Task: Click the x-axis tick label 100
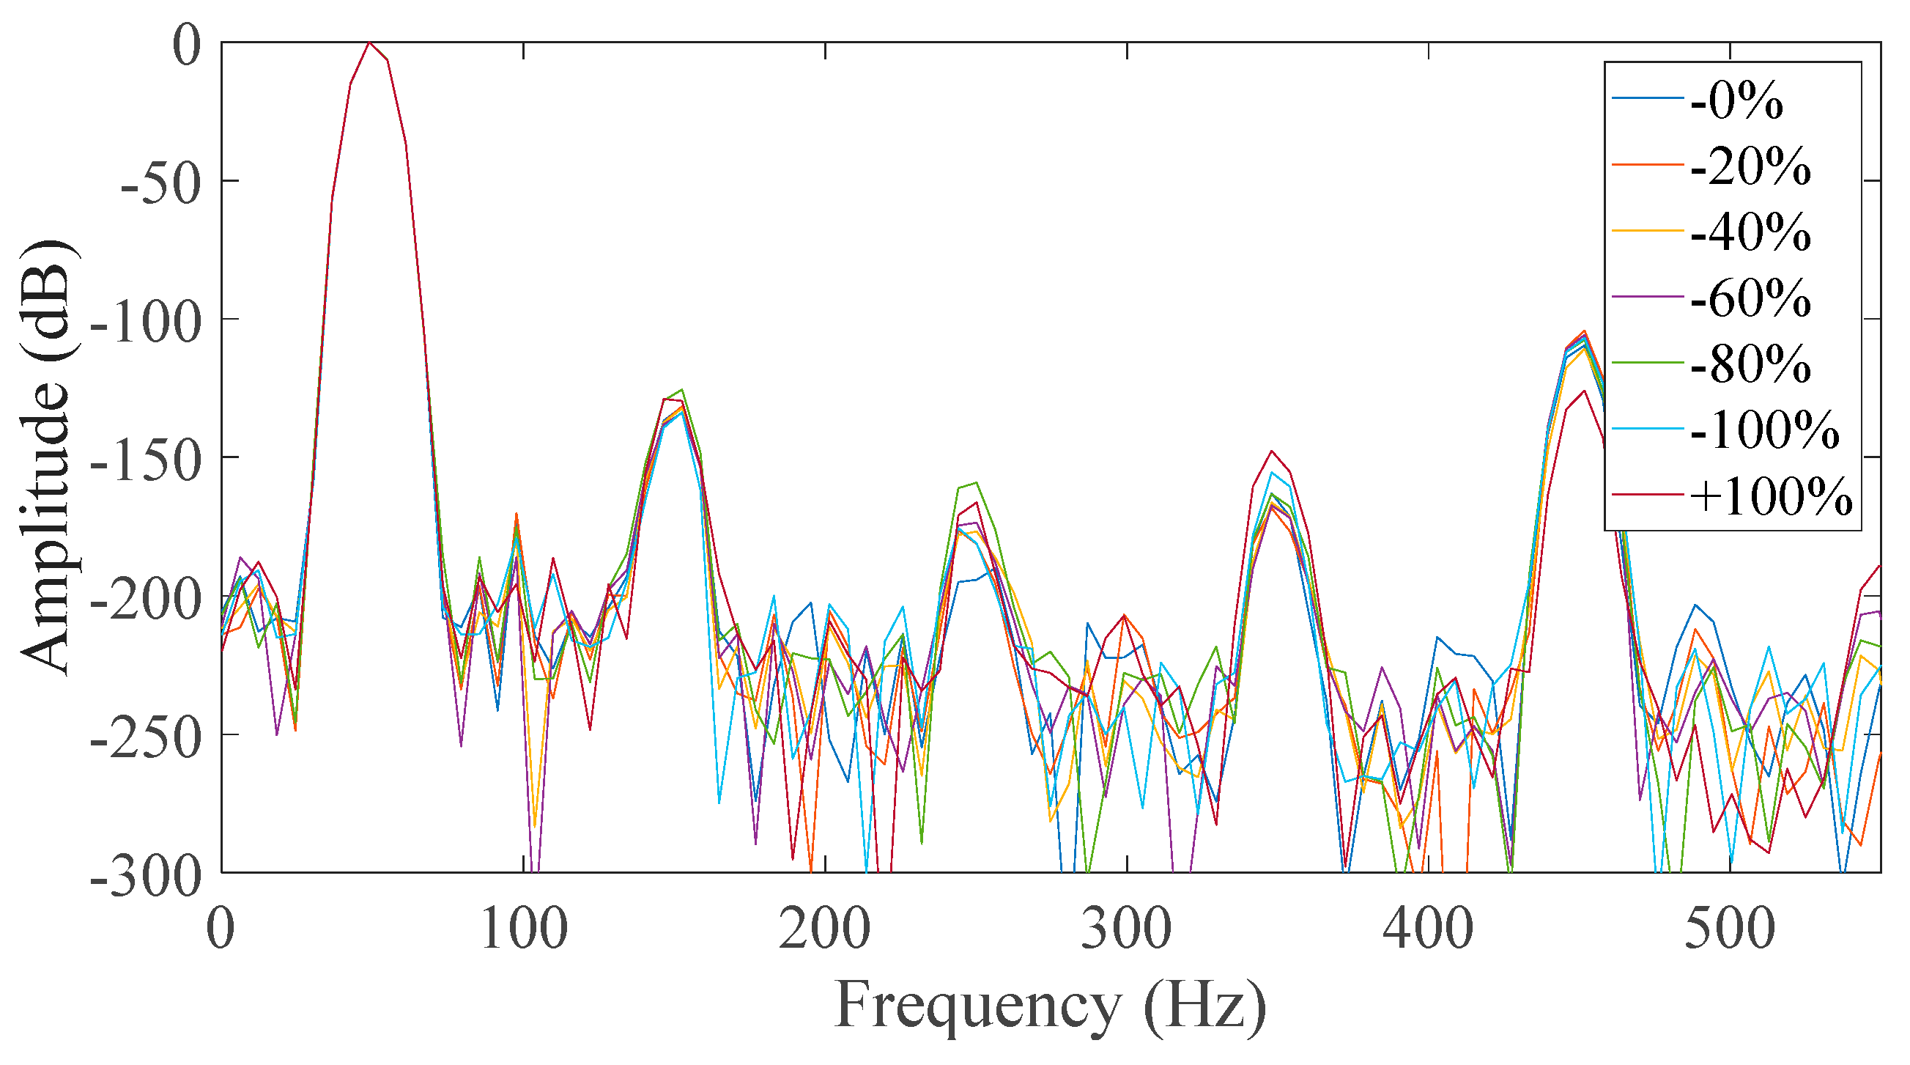[525, 930]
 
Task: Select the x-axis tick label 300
[1126, 930]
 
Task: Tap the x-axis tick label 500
[1730, 930]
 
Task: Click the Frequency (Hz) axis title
[1051, 1007]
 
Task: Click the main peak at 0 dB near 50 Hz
[369, 43]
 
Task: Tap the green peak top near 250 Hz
[976, 483]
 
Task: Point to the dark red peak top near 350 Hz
[1272, 451]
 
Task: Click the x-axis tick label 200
[824, 930]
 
